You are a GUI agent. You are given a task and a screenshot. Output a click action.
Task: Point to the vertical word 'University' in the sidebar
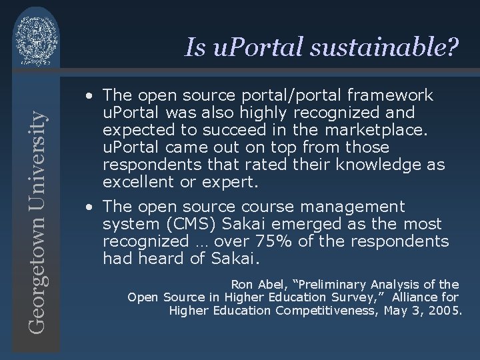[37, 153]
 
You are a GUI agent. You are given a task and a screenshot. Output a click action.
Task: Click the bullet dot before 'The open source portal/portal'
[88, 96]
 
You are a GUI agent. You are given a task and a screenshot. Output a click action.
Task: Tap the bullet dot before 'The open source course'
[88, 207]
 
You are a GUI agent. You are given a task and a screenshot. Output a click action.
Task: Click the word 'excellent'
[136, 180]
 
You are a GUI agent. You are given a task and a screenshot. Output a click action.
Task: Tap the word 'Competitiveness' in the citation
[323, 311]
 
